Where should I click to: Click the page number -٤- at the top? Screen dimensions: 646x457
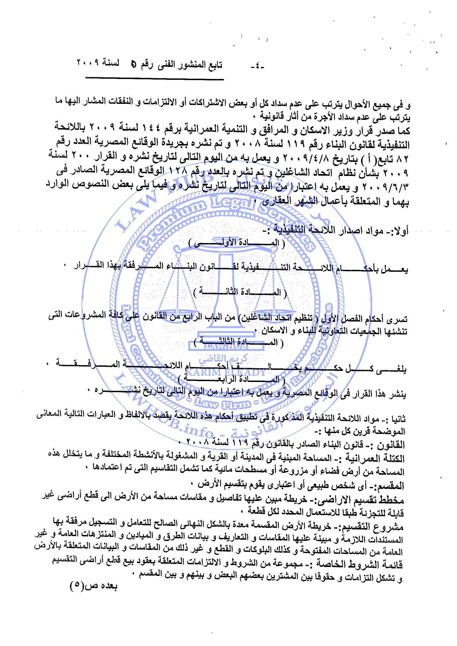[x=257, y=67]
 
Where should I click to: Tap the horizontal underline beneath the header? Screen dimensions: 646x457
[x=154, y=79]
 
